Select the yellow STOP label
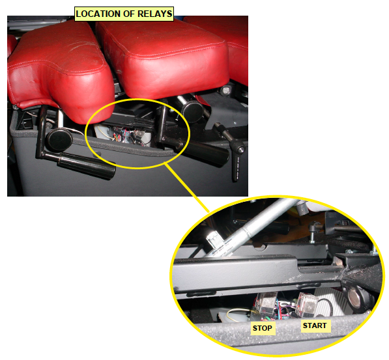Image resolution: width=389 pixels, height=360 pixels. [x=263, y=328]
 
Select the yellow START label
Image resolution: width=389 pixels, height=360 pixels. [x=315, y=325]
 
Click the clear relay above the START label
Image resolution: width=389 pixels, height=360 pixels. [x=307, y=305]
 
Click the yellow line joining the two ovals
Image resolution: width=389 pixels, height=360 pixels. [x=187, y=187]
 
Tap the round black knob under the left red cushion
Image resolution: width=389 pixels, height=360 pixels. [x=59, y=140]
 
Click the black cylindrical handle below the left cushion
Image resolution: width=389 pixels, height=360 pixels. [x=87, y=166]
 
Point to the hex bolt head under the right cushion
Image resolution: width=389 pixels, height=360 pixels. [x=225, y=90]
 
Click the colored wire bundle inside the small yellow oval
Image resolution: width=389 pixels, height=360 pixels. [x=122, y=136]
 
